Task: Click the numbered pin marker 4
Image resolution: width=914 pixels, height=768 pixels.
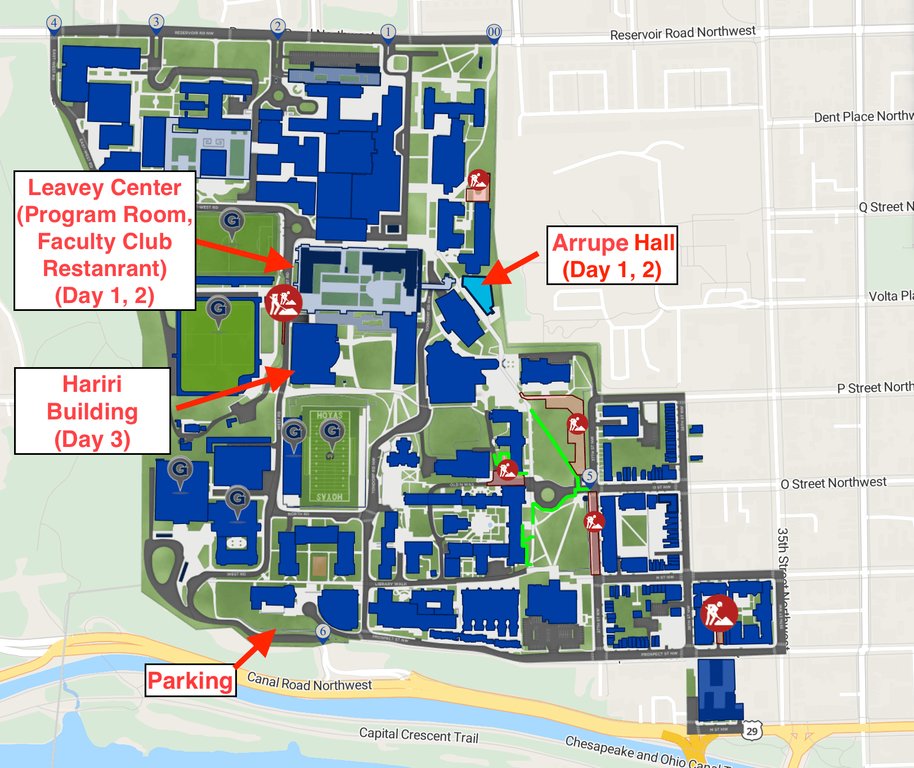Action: pyautogui.click(x=53, y=24)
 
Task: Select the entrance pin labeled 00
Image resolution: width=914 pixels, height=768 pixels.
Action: pyautogui.click(x=494, y=32)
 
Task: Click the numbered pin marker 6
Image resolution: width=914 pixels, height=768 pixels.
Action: pyautogui.click(x=322, y=631)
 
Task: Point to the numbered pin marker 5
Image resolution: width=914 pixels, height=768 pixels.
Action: pyautogui.click(x=589, y=476)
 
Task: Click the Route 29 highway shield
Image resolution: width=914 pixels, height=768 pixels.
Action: pyautogui.click(x=752, y=731)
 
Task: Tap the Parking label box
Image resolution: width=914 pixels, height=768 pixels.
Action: pyautogui.click(x=190, y=681)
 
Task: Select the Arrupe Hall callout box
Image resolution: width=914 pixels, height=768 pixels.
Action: pyautogui.click(x=612, y=256)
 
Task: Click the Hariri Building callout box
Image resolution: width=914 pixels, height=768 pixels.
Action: pyautogui.click(x=92, y=411)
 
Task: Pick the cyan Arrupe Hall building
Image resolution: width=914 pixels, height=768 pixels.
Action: pyautogui.click(x=478, y=292)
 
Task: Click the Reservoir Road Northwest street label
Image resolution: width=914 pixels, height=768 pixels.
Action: pyautogui.click(x=682, y=33)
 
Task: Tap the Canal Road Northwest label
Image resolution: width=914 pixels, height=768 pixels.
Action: pyautogui.click(x=310, y=682)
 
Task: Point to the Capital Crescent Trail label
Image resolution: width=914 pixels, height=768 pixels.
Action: pyautogui.click(x=419, y=735)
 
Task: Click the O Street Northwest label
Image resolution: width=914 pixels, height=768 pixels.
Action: pyautogui.click(x=833, y=483)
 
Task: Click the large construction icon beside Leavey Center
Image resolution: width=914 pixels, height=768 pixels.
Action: pyautogui.click(x=284, y=302)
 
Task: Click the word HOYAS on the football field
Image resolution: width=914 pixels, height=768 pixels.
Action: pyautogui.click(x=329, y=415)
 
